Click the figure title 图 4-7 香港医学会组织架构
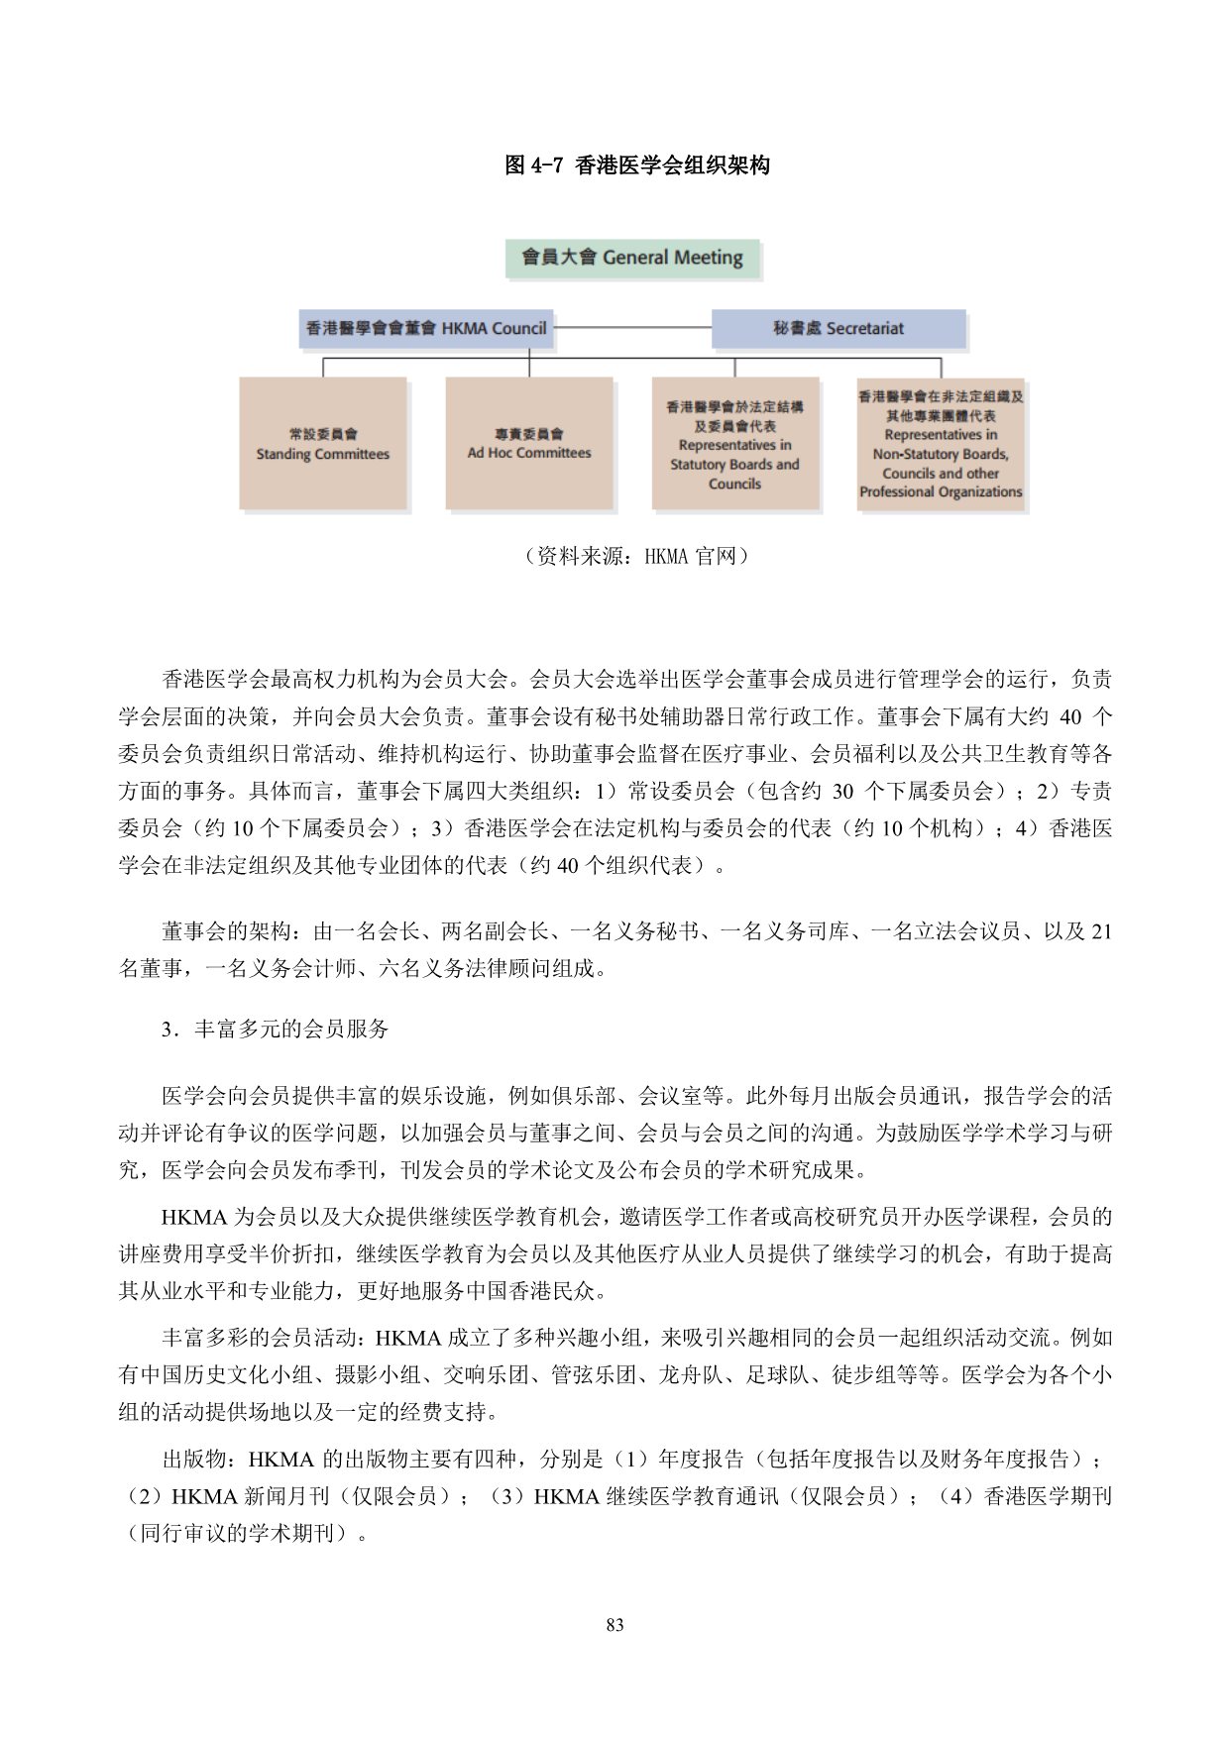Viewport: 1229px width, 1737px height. pos(636,165)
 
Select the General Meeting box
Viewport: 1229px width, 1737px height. pos(632,258)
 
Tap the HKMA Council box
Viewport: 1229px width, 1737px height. pos(426,328)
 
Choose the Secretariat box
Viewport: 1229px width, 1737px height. pos(838,328)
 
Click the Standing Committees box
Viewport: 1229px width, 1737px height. pos(323,443)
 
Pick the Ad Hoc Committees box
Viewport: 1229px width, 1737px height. pos(529,443)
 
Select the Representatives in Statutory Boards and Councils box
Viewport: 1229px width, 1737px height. pos(734,443)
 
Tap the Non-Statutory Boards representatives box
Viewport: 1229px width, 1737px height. pos(941,443)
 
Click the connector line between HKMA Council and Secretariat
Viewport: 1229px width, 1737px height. pos(632,328)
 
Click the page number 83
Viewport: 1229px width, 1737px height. pos(614,1625)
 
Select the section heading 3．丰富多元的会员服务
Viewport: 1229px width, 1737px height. pos(276,1029)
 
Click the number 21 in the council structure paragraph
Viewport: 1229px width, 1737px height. pos(1100,931)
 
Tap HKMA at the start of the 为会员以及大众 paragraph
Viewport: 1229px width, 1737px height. pos(194,1217)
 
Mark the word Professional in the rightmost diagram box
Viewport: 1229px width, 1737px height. pos(898,491)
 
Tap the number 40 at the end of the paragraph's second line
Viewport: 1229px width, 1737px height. pos(1070,716)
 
